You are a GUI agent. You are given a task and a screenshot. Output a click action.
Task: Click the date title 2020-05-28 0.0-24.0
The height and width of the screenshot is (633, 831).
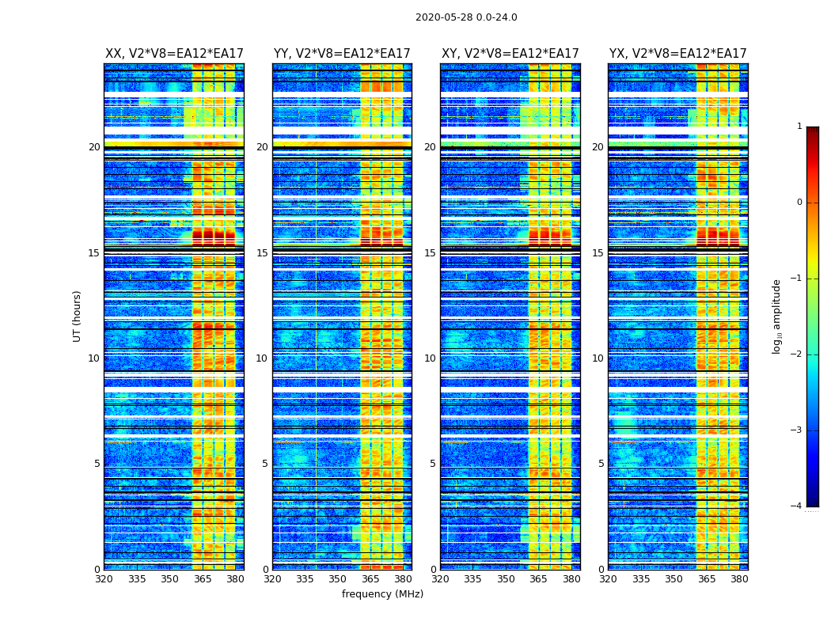click(466, 17)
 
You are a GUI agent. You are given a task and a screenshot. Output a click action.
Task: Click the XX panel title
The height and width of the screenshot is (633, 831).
click(174, 54)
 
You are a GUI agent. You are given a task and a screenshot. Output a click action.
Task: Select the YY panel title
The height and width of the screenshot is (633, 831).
click(342, 54)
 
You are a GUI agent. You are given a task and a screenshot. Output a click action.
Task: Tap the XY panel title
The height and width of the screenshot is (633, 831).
click(510, 54)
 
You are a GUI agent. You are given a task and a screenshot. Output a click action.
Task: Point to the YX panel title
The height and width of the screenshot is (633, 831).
click(677, 54)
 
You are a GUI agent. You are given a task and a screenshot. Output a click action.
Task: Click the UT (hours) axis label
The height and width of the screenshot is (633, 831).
click(78, 316)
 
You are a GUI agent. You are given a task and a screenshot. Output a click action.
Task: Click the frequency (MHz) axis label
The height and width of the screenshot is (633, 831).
click(382, 594)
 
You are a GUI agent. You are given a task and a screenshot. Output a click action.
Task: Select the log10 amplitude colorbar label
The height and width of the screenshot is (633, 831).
click(777, 316)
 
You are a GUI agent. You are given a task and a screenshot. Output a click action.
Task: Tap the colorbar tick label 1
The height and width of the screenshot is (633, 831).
click(799, 127)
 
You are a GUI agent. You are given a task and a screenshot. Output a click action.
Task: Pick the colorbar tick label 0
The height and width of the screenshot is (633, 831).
click(799, 203)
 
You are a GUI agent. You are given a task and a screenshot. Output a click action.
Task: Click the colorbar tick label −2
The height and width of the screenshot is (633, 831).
click(797, 354)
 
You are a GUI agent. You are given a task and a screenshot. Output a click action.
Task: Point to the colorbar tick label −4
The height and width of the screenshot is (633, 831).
click(797, 506)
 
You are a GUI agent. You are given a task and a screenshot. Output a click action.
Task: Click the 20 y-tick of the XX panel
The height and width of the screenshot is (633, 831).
click(94, 147)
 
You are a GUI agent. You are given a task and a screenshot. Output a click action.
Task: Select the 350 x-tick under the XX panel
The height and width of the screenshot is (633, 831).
click(169, 578)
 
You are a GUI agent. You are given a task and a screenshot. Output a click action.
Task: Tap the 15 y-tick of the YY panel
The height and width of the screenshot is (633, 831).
click(262, 253)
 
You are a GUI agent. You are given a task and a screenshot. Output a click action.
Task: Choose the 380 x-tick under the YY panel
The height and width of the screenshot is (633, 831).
click(403, 578)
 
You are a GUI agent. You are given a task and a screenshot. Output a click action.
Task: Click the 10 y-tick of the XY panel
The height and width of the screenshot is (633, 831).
click(430, 358)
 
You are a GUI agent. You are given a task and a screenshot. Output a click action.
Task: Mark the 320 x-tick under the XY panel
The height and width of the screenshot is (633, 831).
click(441, 578)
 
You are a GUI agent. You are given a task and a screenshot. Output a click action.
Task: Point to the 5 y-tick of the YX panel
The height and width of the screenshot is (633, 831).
click(601, 464)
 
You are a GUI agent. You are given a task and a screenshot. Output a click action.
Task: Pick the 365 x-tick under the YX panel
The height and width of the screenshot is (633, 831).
click(706, 578)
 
